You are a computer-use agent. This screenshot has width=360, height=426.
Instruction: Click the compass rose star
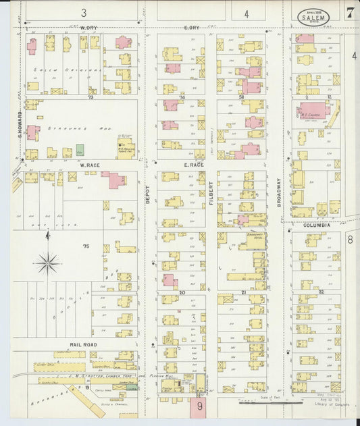coord(47,263)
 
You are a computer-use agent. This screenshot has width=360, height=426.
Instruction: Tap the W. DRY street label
coord(89,28)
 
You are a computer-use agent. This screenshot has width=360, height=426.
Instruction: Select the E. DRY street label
coord(191,28)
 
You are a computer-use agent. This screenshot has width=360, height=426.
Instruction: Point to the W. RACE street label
coord(90,165)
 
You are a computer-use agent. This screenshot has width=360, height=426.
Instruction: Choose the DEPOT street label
coord(148,194)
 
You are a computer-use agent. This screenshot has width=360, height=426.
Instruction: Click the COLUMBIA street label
coord(315,225)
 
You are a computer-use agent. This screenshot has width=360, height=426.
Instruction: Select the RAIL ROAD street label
coord(82,344)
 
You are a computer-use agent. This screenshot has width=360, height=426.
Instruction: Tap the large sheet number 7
coord(351,13)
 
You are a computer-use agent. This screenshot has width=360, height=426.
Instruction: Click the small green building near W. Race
coord(80,149)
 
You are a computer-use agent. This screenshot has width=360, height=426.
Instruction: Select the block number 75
coord(86,247)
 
